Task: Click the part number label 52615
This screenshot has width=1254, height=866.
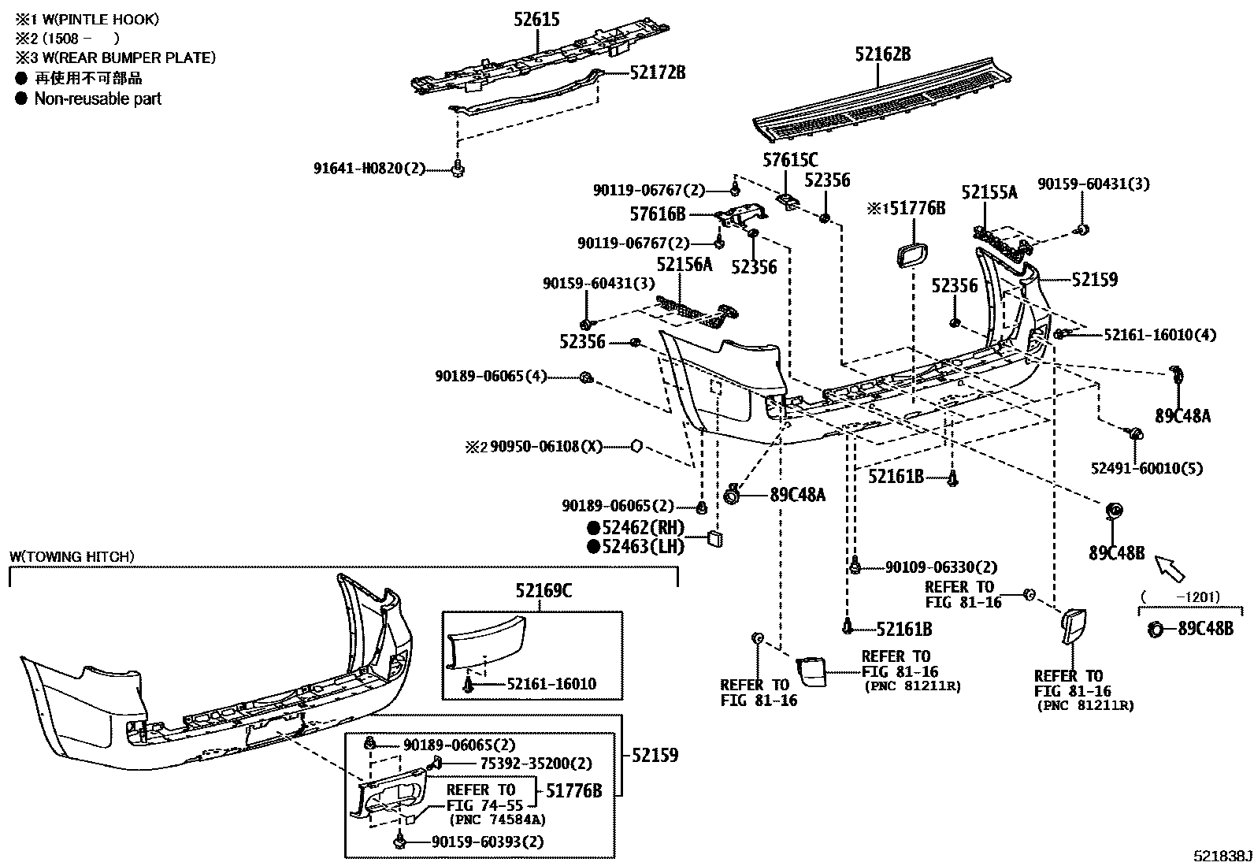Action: tap(536, 19)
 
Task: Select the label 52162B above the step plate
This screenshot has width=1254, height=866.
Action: tap(883, 54)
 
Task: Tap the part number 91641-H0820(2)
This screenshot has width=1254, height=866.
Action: tap(369, 168)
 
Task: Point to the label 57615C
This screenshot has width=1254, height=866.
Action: tap(790, 161)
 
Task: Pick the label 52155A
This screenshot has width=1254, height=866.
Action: tap(989, 192)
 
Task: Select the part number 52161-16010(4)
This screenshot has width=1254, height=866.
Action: tap(1159, 335)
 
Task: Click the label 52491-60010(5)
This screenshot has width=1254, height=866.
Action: tap(1146, 468)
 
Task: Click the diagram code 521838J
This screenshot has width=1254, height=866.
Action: tap(1221, 856)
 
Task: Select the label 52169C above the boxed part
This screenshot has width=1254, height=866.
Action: tap(544, 590)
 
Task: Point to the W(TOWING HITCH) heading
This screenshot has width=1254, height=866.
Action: tap(72, 556)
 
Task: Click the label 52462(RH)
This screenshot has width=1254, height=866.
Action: tap(643, 528)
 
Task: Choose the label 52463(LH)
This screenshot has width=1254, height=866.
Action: tap(643, 546)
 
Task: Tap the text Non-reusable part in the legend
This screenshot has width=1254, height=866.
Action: tap(98, 98)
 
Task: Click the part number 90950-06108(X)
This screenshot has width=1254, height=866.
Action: tap(546, 447)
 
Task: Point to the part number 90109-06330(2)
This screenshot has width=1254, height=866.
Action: tap(941, 567)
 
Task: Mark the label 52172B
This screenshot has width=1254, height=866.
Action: tap(658, 72)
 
